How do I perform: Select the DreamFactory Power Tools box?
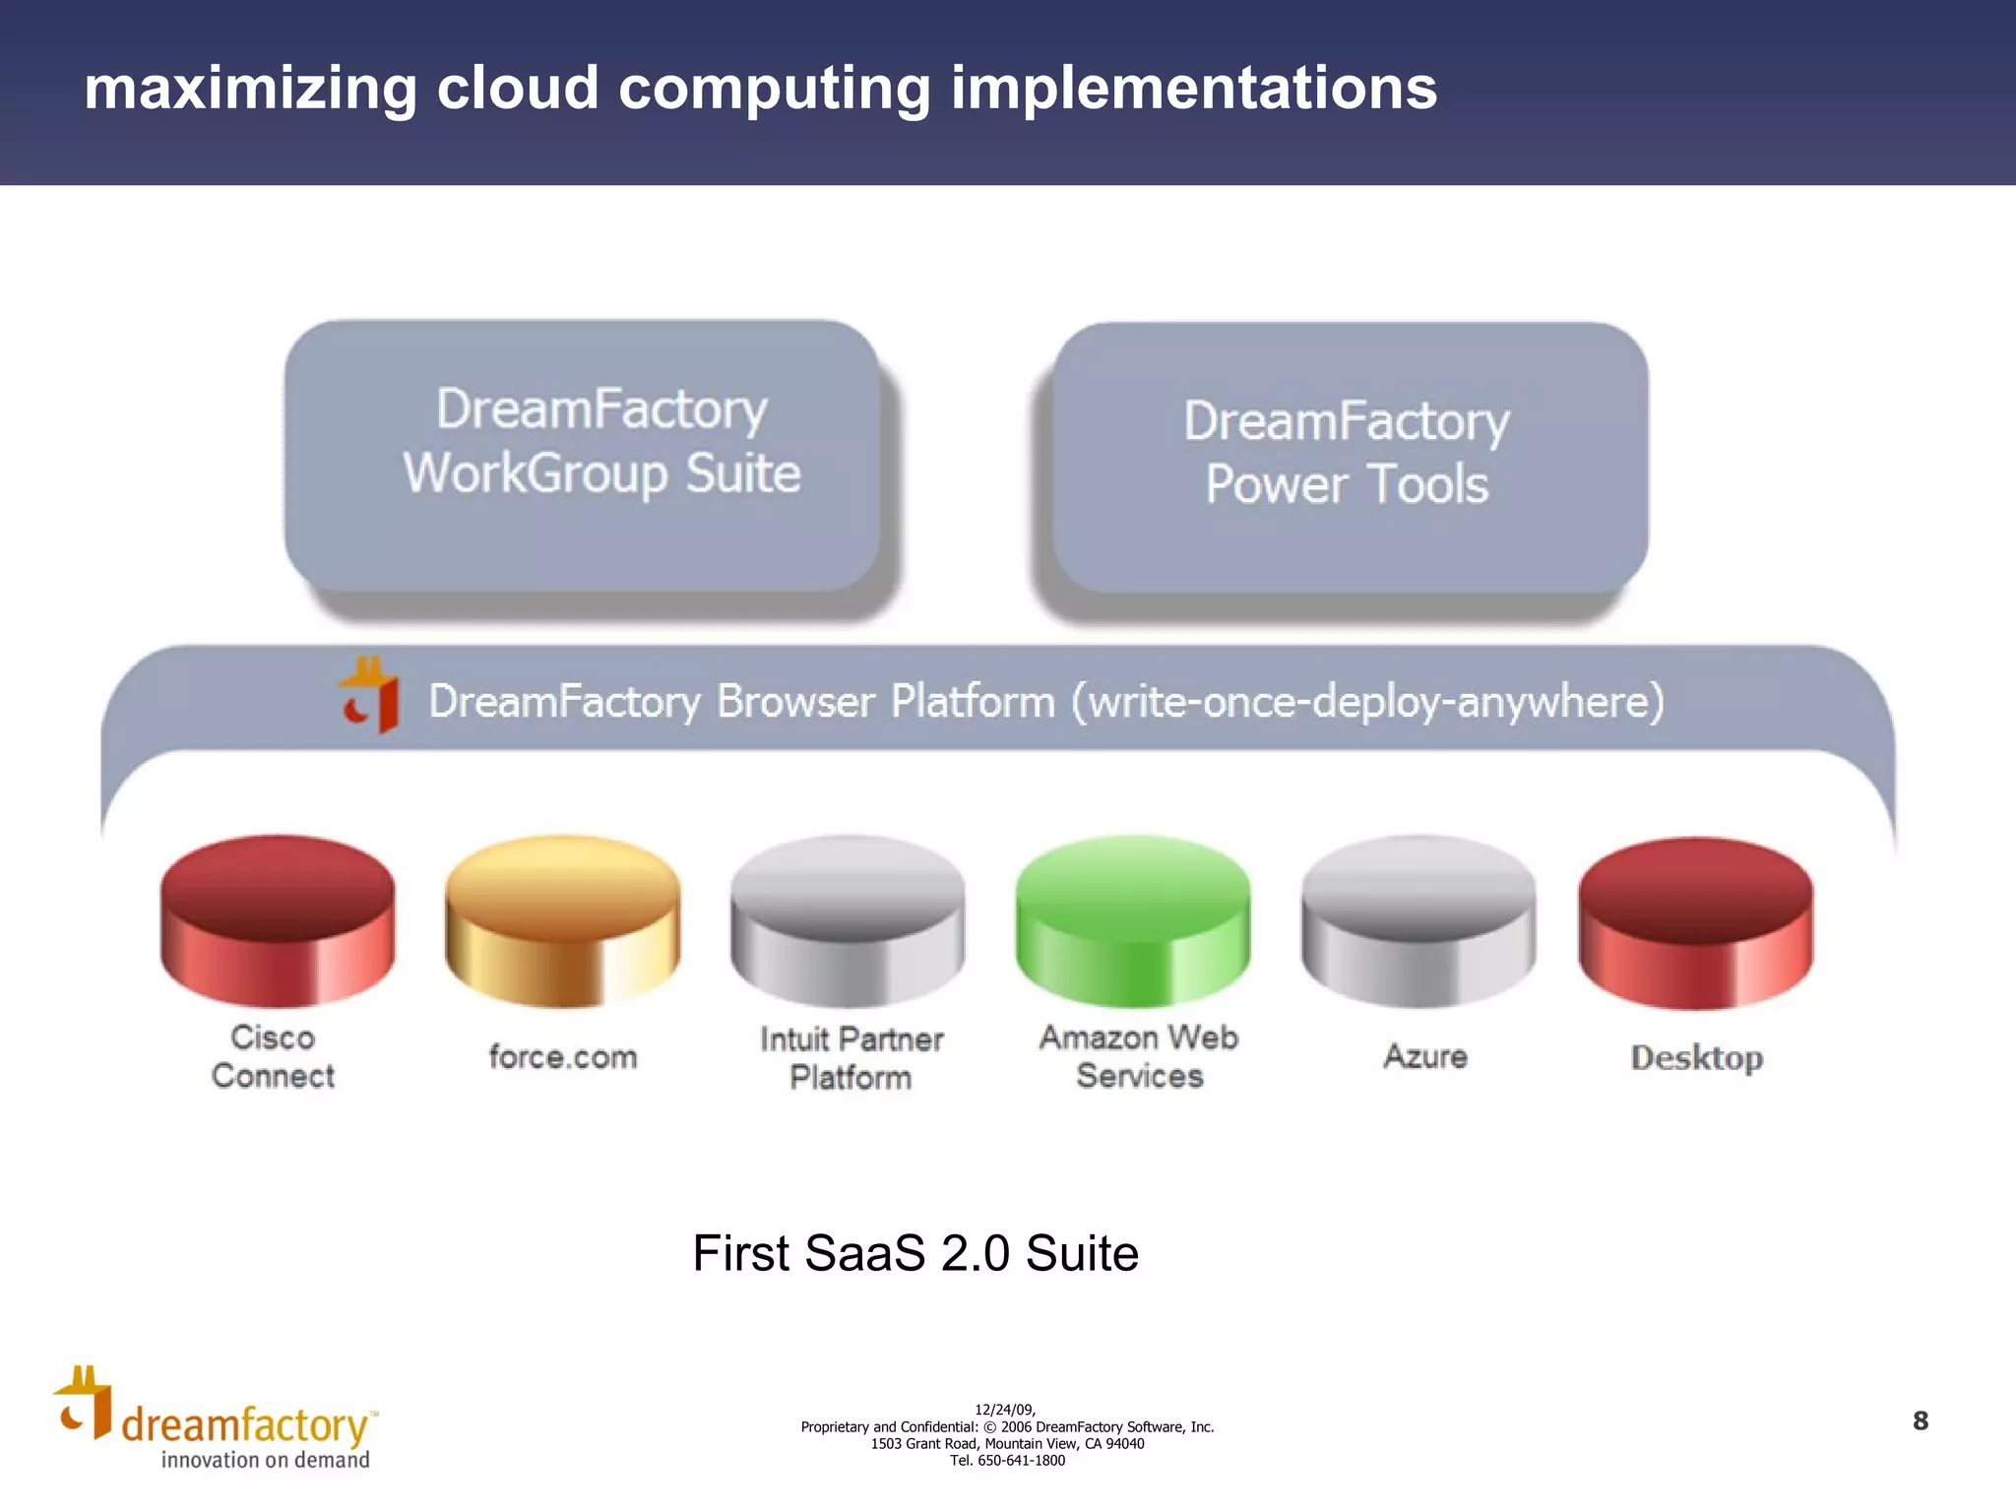point(1350,458)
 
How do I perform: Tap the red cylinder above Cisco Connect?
point(278,920)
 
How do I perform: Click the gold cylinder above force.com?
point(562,920)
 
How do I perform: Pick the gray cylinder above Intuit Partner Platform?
point(848,920)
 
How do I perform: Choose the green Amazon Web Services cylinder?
point(1133,920)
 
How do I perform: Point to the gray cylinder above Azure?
point(1418,920)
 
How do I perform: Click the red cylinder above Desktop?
point(1695,922)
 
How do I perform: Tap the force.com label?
point(563,1057)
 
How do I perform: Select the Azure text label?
point(1425,1056)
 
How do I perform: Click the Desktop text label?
point(1696,1058)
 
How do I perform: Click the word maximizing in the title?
point(250,89)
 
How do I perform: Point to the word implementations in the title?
point(1193,89)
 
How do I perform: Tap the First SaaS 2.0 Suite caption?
point(915,1253)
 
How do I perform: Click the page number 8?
point(1920,1420)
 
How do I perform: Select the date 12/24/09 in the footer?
point(1004,1410)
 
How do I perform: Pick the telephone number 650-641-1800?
point(1021,1461)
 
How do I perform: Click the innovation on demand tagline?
point(266,1460)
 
